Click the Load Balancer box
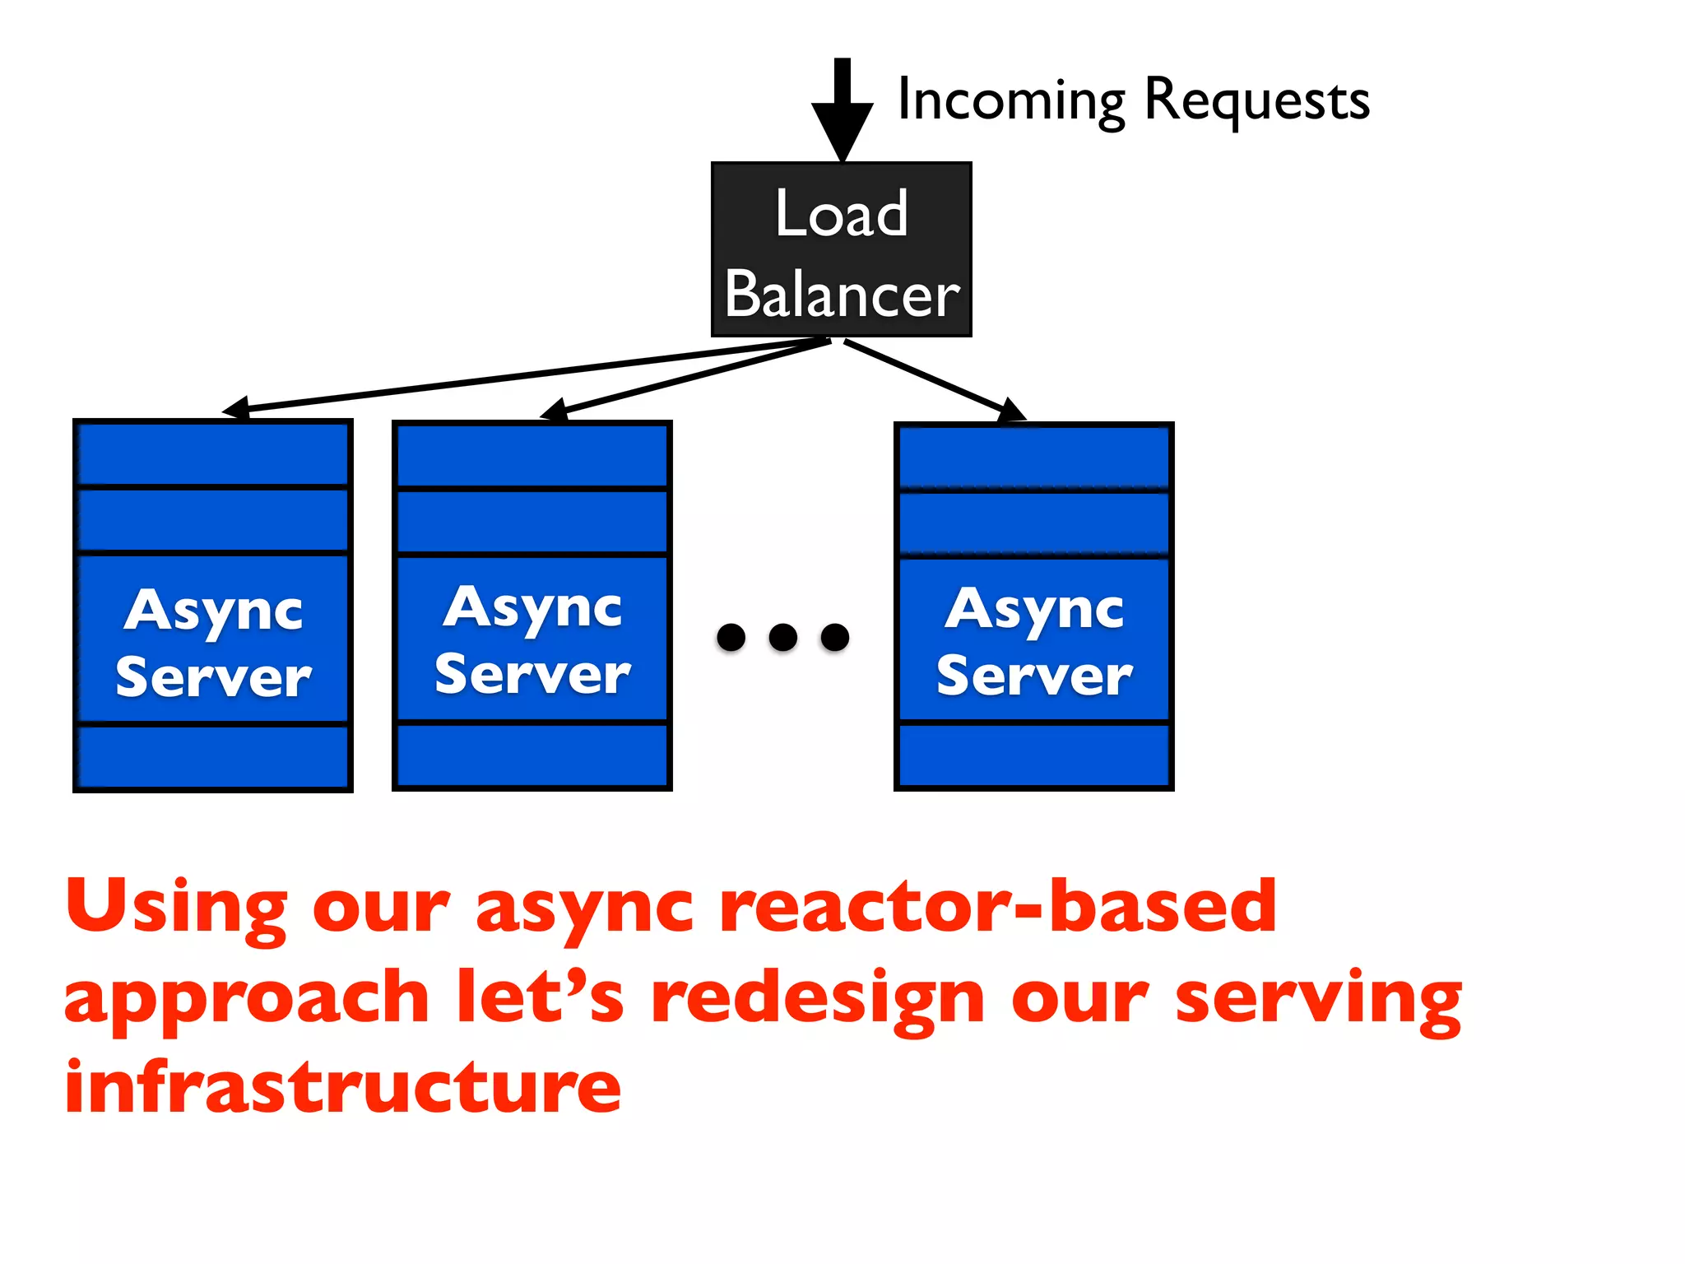click(x=841, y=249)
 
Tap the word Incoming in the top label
click(x=1011, y=100)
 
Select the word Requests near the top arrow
click(x=1256, y=100)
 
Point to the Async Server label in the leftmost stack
click(x=213, y=644)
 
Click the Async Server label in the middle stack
click(x=532, y=640)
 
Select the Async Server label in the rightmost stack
click(x=1034, y=642)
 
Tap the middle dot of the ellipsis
click(x=782, y=637)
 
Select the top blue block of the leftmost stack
click(x=213, y=454)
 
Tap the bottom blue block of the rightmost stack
click(x=1034, y=755)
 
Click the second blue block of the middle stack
click(x=532, y=522)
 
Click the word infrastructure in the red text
click(x=342, y=1088)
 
